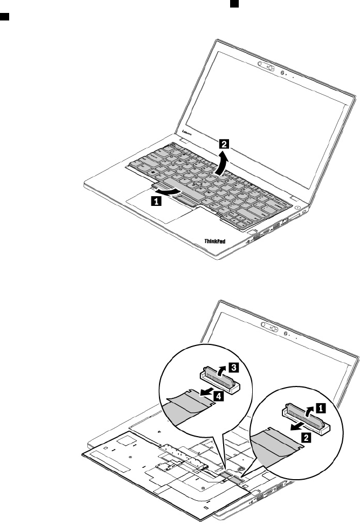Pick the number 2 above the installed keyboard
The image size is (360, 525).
coord(223,144)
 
